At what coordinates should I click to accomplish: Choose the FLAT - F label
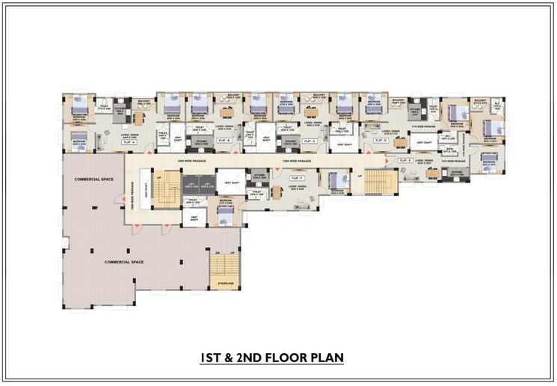pos(297,179)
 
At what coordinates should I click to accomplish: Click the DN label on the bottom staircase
pos(215,253)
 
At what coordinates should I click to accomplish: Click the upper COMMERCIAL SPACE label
pos(93,180)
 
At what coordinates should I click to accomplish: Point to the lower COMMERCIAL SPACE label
pos(124,262)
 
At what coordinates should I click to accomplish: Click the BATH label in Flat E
pos(449,150)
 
